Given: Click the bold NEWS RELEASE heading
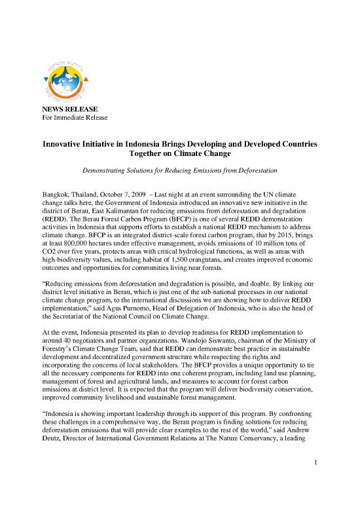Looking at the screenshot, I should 67,109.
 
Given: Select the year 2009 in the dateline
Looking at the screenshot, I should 149,195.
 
